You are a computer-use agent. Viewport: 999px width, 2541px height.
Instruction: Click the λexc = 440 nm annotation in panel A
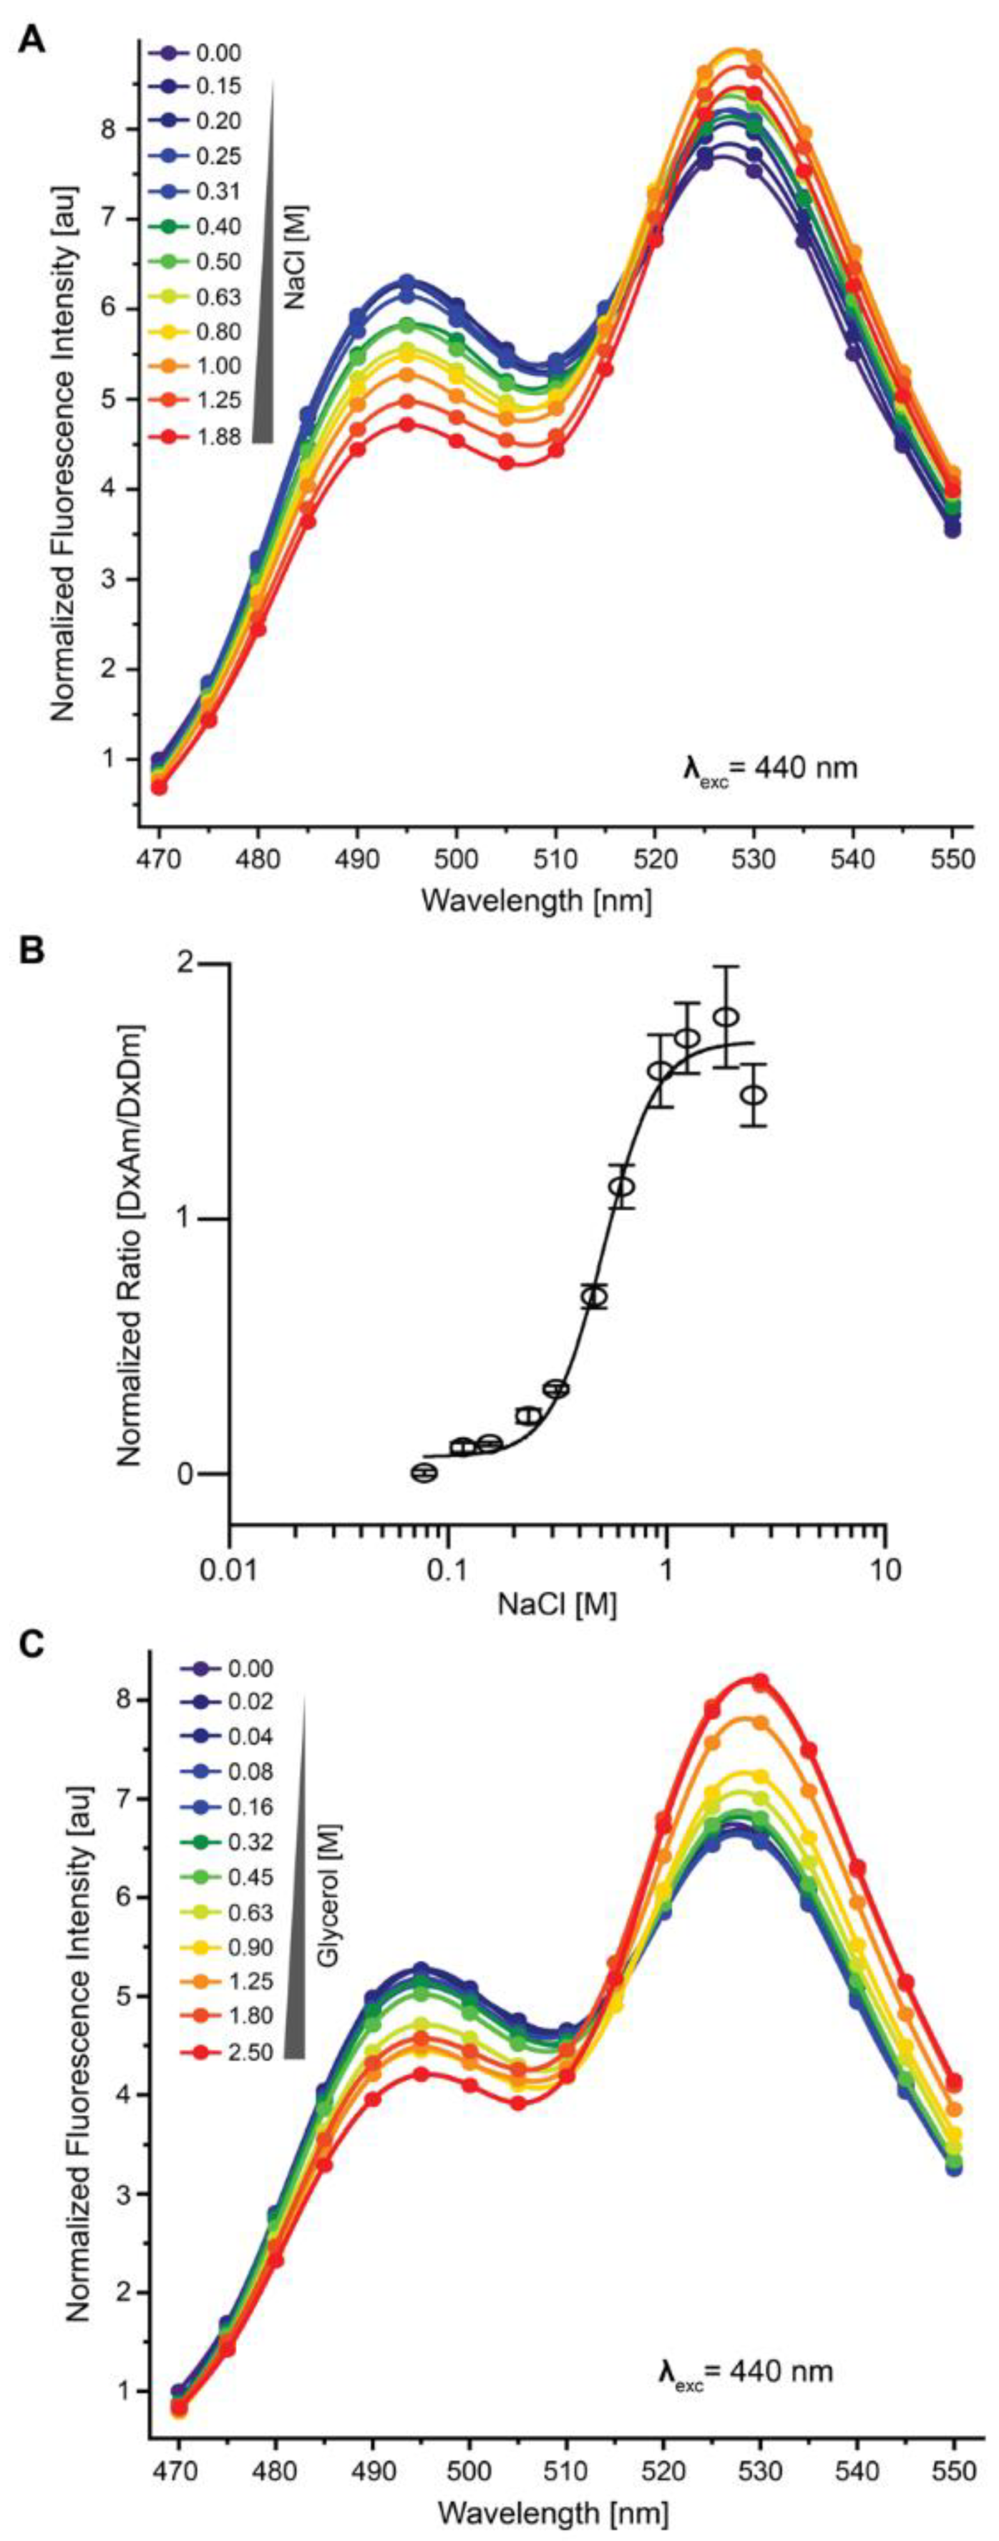click(x=770, y=767)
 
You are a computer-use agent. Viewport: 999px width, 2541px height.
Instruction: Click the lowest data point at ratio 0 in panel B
click(x=424, y=1472)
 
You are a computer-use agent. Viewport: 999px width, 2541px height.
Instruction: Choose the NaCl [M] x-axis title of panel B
click(x=557, y=1605)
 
